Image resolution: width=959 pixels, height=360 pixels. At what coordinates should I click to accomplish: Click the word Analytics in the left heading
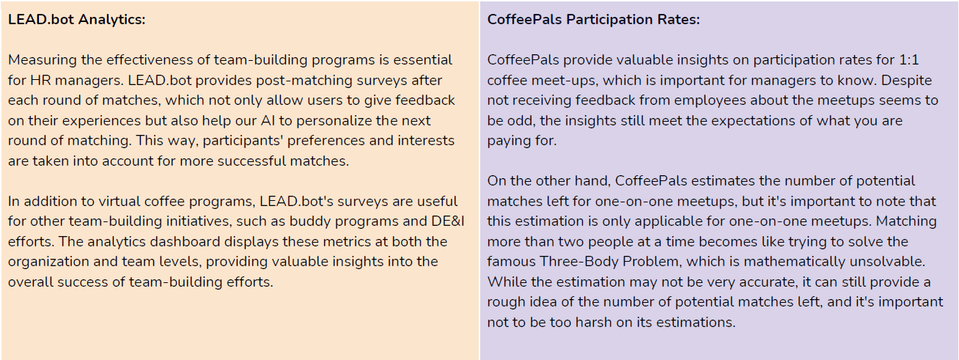pos(111,20)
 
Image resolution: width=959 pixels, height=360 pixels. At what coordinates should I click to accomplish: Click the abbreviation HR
pos(40,81)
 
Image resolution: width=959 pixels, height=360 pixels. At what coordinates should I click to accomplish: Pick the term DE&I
pos(448,221)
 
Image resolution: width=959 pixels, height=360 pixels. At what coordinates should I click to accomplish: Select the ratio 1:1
pos(908,60)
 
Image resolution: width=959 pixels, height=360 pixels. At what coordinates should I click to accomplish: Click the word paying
pos(507,142)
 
